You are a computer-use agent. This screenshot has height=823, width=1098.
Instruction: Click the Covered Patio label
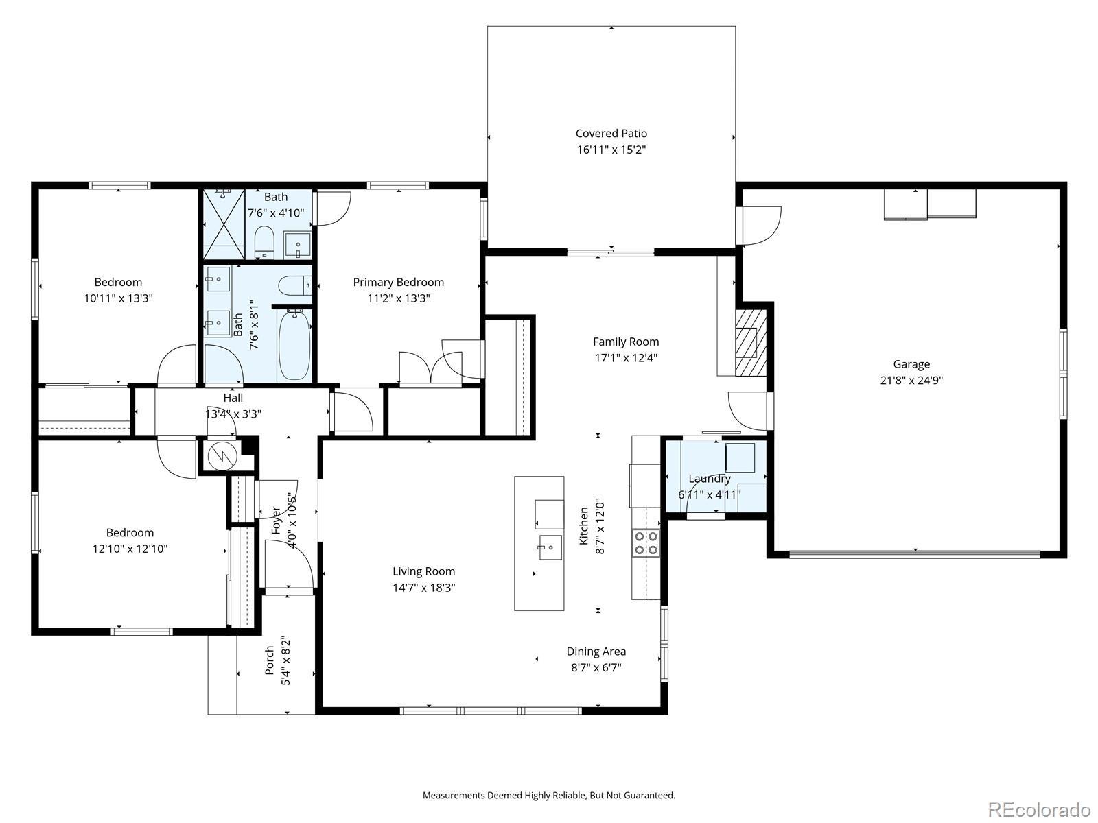[611, 134]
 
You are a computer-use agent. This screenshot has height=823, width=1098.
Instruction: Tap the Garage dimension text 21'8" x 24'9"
[911, 380]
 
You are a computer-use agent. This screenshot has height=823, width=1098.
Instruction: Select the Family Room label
[626, 342]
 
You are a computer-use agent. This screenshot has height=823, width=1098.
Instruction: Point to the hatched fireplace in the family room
[750, 342]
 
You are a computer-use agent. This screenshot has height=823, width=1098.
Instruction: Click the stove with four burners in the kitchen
[645, 543]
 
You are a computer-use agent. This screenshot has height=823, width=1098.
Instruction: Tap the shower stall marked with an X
[224, 224]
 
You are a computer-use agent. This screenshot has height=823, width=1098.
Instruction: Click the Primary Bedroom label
[398, 283]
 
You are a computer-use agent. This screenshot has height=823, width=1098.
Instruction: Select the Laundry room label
[710, 479]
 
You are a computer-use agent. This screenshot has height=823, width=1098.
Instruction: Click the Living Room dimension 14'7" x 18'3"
[423, 588]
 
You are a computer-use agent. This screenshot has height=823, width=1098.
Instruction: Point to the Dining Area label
[596, 652]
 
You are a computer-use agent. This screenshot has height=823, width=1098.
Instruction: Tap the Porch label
[270, 660]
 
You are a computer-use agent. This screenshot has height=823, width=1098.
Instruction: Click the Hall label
[233, 398]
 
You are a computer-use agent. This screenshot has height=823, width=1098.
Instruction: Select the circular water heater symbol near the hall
[221, 455]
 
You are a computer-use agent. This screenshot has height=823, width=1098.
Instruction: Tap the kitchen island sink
[550, 547]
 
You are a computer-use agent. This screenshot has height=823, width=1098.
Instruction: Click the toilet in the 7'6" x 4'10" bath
[265, 241]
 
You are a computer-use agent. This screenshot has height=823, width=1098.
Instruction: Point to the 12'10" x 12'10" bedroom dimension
[130, 549]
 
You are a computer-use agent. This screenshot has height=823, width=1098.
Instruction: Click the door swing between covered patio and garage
[761, 226]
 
